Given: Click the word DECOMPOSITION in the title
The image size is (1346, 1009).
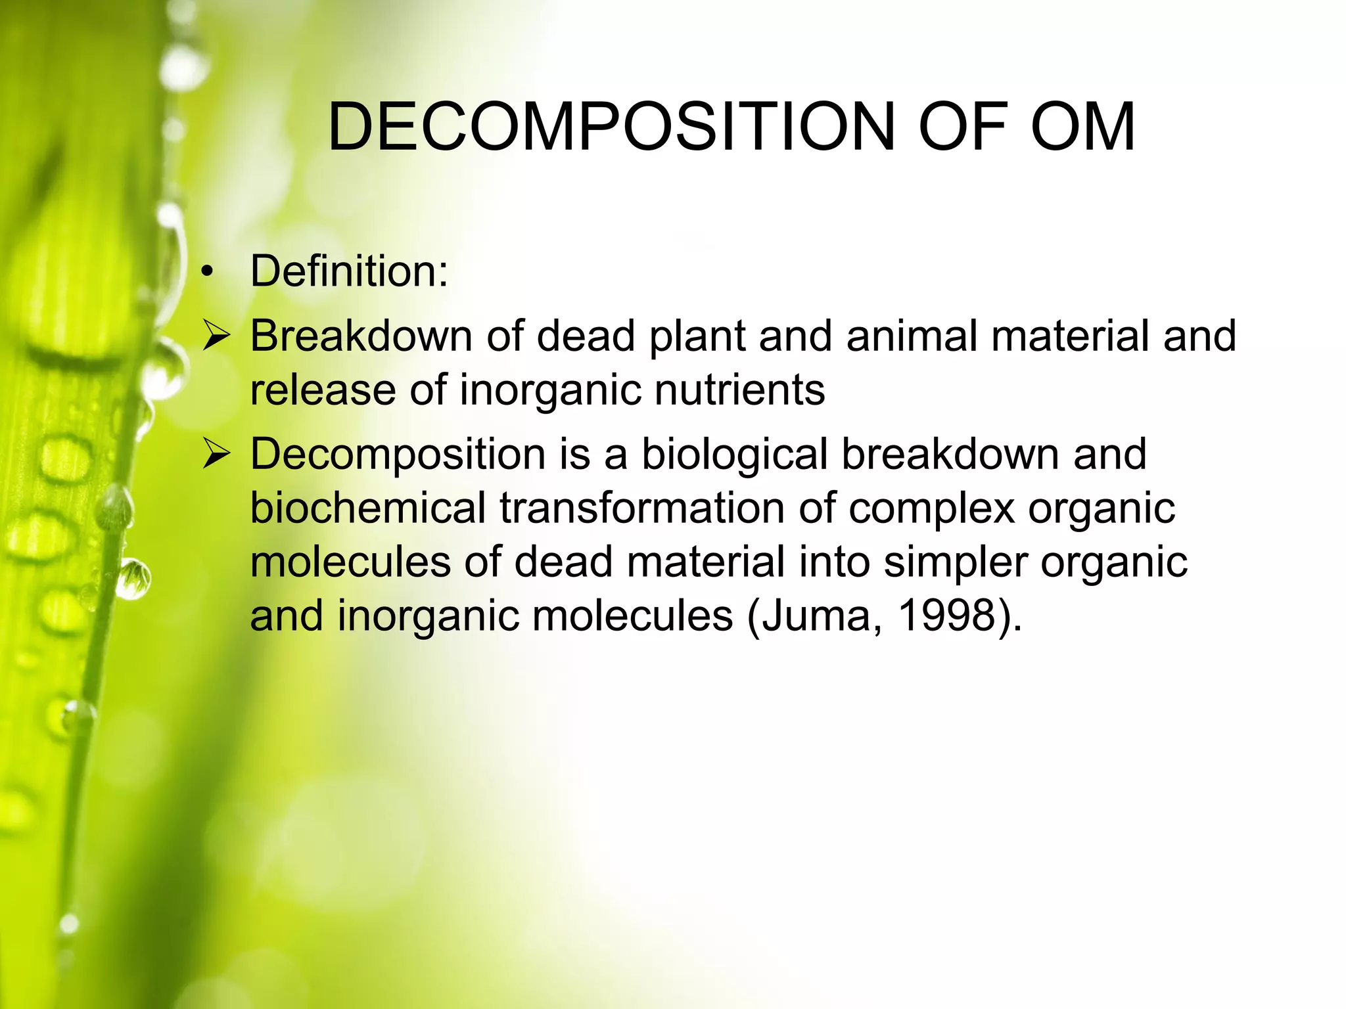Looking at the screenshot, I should click(x=611, y=127).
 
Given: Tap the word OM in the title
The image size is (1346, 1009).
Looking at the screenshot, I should click(x=1082, y=127).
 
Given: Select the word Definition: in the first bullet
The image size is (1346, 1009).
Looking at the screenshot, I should click(x=349, y=271).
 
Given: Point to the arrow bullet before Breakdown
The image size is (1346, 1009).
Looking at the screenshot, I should click(x=216, y=336).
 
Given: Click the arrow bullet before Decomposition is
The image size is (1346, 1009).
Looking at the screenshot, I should click(x=216, y=454).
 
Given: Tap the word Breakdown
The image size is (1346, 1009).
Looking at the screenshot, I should click(x=361, y=336).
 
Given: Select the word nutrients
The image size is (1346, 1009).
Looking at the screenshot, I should click(x=739, y=390).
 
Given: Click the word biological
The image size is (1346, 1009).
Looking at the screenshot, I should click(x=735, y=455).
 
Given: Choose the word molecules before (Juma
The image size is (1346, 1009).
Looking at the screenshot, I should click(x=632, y=616).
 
